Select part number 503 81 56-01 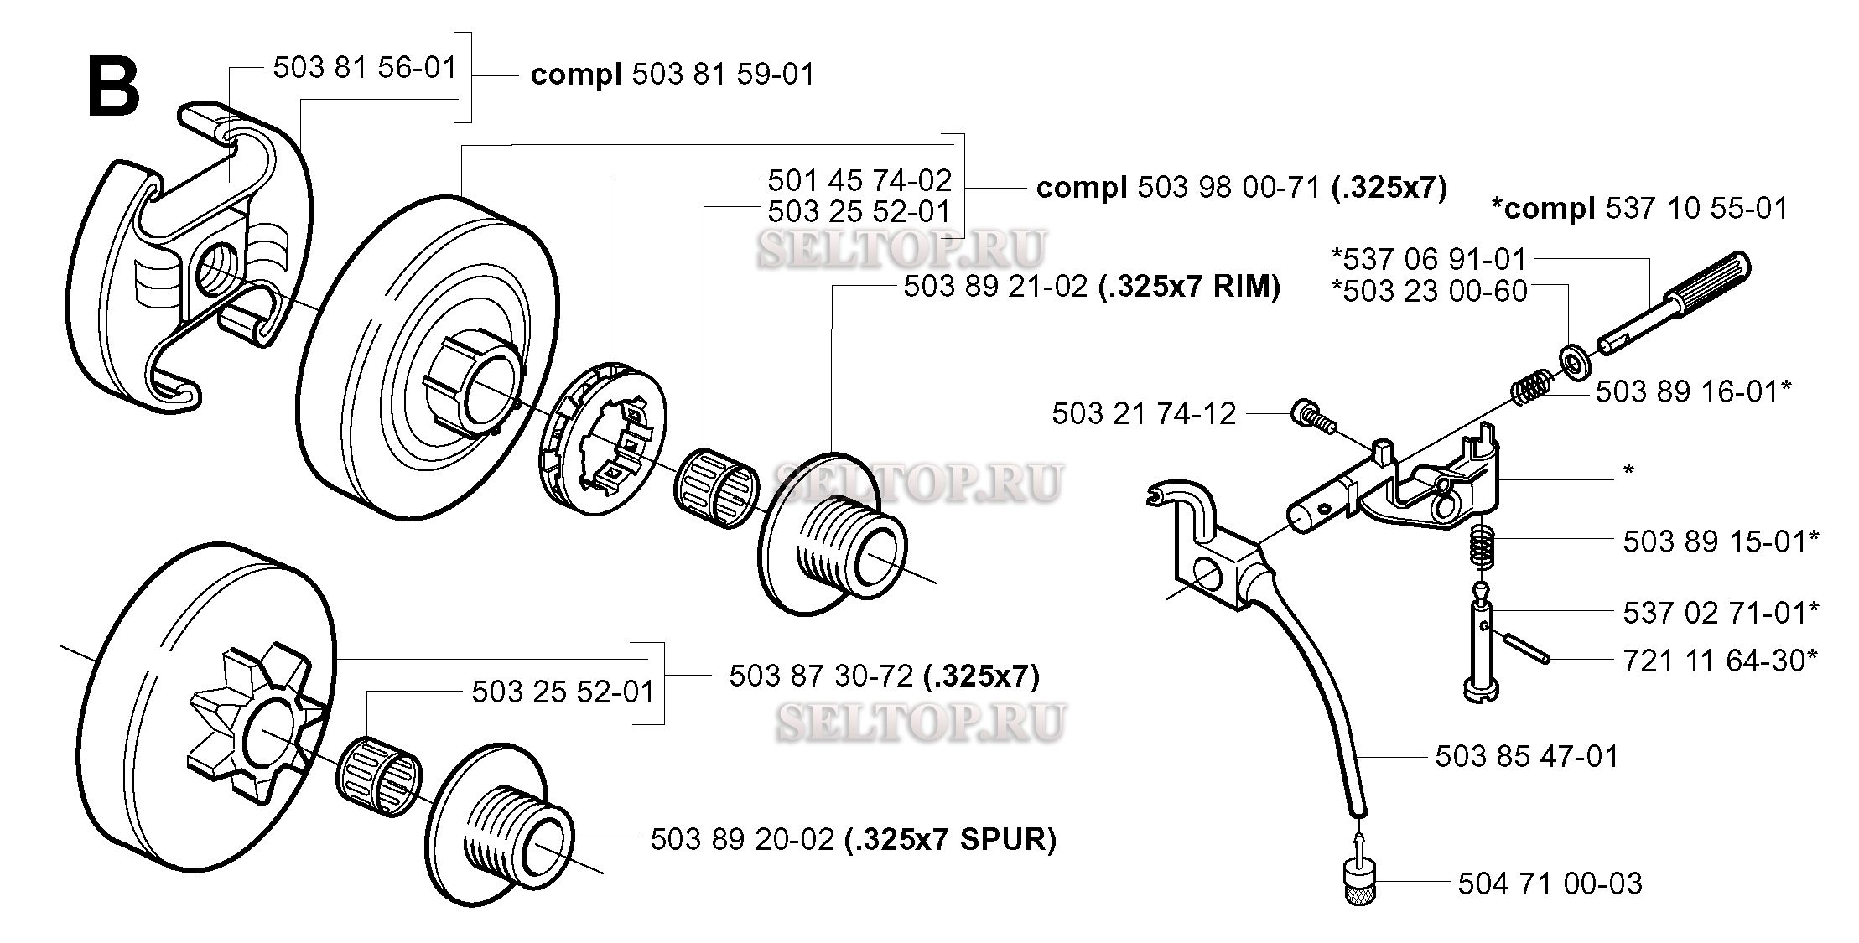(365, 68)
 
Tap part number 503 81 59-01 (723, 75)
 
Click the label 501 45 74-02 (859, 180)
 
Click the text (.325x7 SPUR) (950, 839)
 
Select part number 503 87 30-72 (821, 676)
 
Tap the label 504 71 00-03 (1550, 883)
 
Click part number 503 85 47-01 (1527, 756)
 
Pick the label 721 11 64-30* (1721, 661)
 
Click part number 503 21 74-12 (1144, 413)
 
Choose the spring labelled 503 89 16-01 (1532, 386)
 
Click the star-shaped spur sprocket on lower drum (254, 729)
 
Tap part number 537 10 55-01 (1696, 209)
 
